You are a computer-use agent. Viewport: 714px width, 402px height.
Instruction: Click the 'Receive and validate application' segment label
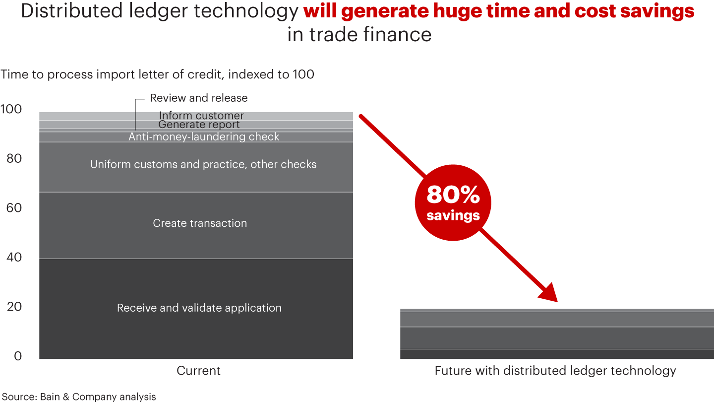click(x=199, y=308)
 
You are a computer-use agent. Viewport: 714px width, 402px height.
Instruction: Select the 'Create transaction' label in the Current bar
click(x=199, y=223)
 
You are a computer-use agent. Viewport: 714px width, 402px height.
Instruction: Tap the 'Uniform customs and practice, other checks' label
click(x=203, y=164)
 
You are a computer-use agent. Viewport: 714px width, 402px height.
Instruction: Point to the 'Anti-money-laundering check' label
click(x=204, y=136)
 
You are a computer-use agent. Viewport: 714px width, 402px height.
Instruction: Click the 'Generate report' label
click(x=199, y=125)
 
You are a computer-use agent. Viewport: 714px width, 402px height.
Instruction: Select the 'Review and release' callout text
click(x=198, y=98)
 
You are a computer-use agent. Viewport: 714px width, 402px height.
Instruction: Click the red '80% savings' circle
click(x=453, y=202)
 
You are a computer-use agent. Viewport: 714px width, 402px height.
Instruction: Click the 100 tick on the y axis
click(x=11, y=109)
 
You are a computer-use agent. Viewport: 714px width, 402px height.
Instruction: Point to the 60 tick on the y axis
click(x=13, y=207)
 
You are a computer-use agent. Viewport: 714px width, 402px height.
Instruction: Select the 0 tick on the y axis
click(x=18, y=356)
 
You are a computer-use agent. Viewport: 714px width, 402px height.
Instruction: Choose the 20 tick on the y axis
click(x=13, y=307)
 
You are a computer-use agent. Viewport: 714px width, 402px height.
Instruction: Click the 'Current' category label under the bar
click(x=198, y=371)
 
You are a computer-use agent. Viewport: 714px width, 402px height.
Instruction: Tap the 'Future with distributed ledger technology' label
click(x=555, y=371)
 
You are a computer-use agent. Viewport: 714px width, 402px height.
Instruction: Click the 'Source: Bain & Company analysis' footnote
click(x=79, y=397)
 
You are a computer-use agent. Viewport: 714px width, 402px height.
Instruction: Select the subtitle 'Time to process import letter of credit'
click(x=157, y=74)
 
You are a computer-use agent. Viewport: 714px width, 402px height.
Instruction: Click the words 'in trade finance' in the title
click(x=359, y=35)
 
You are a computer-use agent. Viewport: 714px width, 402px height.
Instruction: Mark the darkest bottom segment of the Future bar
click(x=557, y=354)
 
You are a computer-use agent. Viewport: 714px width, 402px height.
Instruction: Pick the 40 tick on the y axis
click(x=13, y=257)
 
